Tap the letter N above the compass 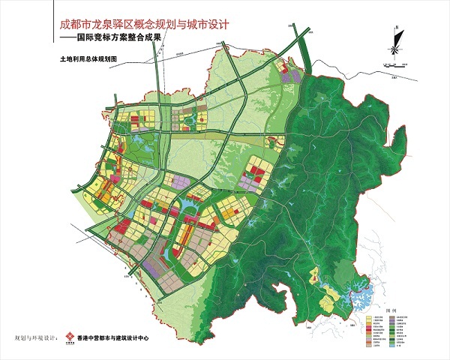pos(394,27)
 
